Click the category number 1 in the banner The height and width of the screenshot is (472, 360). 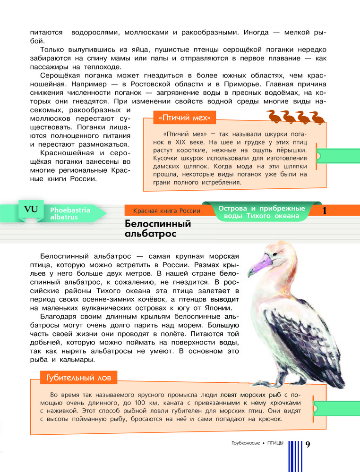tap(325, 211)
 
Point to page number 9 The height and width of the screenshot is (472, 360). tap(308, 444)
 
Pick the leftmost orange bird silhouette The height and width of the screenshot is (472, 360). tap(272, 117)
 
